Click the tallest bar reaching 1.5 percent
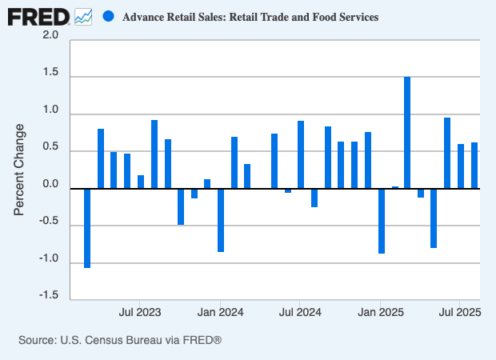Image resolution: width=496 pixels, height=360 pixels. coord(407,133)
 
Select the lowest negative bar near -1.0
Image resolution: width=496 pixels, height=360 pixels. coord(87,228)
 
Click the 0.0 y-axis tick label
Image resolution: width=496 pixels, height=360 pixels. coord(50,185)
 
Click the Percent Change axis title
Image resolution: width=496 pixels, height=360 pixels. coord(20,169)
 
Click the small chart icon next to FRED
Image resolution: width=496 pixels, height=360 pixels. coord(82,16)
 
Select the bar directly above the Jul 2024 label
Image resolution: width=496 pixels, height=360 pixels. coord(301,155)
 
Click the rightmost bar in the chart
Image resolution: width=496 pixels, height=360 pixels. coord(474,166)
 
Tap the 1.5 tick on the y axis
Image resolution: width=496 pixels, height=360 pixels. coord(50,77)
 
